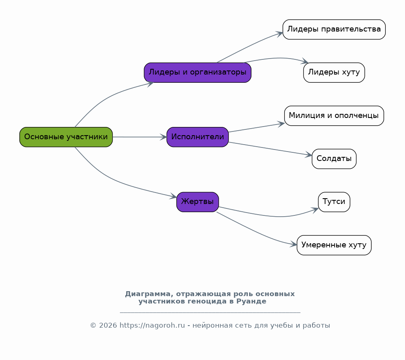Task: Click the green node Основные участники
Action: click(x=66, y=137)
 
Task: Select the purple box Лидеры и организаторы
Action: click(x=198, y=72)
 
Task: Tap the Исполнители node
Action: click(x=198, y=137)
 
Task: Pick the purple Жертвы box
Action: click(x=198, y=202)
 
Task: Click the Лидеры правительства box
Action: click(x=334, y=29)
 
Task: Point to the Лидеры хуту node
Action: click(x=334, y=72)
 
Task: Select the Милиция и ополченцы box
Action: click(x=334, y=115)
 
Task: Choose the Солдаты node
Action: click(x=334, y=159)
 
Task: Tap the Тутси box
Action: click(x=334, y=202)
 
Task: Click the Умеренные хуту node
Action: click(x=334, y=245)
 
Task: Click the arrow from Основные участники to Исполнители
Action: click(x=140, y=137)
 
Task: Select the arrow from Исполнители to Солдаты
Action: click(x=270, y=149)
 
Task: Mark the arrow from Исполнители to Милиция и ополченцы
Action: click(x=256, y=128)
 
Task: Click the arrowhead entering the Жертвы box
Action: click(x=173, y=196)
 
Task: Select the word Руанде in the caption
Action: click(x=251, y=301)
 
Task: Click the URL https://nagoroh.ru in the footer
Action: click(x=152, y=326)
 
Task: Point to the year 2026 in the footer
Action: click(x=108, y=326)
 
